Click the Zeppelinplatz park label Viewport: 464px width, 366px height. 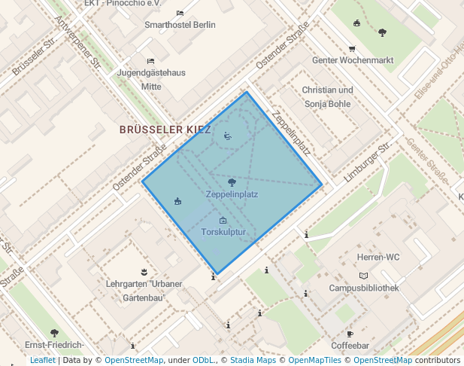[232, 194]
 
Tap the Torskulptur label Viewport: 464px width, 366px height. [223, 232]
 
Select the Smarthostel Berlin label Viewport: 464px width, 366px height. [180, 25]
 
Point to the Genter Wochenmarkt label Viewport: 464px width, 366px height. [353, 60]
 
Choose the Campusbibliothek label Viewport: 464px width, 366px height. [364, 288]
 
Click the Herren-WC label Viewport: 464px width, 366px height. [364, 257]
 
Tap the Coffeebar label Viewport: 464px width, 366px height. [350, 346]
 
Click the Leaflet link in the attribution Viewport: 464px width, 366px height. [42, 361]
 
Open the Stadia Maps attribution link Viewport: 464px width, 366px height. [253, 361]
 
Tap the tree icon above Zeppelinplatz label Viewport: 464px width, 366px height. [232, 181]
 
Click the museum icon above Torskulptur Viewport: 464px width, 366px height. [223, 220]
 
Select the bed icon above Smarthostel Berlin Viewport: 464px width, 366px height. [180, 13]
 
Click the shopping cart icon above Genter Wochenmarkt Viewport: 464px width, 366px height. [352, 48]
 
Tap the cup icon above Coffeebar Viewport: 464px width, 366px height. [350, 334]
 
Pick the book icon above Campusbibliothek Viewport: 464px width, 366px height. [364, 276]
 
